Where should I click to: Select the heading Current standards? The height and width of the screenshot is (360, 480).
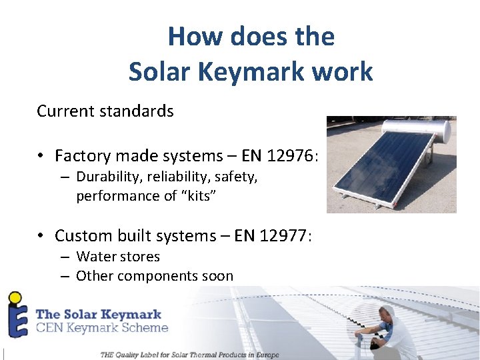[x=105, y=111]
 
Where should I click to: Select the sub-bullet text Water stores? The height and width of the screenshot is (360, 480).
[x=118, y=257]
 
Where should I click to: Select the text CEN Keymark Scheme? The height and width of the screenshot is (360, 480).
[x=101, y=327]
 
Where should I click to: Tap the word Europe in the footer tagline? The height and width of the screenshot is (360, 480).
[x=264, y=355]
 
